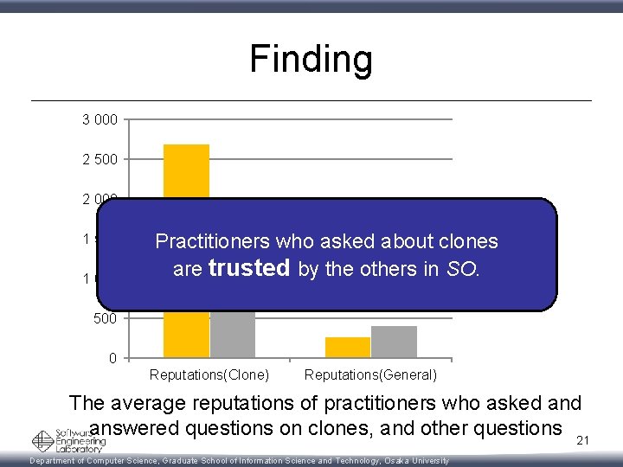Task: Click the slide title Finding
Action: (311, 60)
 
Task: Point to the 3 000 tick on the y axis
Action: (100, 119)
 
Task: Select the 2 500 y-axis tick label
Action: (100, 159)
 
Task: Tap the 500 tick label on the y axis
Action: (105, 318)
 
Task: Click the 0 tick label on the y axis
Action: (114, 358)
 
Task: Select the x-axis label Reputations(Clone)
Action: (209, 375)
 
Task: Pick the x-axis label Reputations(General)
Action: (370, 375)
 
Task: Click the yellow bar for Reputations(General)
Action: (347, 347)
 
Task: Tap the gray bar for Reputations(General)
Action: (394, 342)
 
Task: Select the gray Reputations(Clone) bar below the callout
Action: (233, 334)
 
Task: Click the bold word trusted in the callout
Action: (249, 269)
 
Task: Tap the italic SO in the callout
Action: (463, 269)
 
